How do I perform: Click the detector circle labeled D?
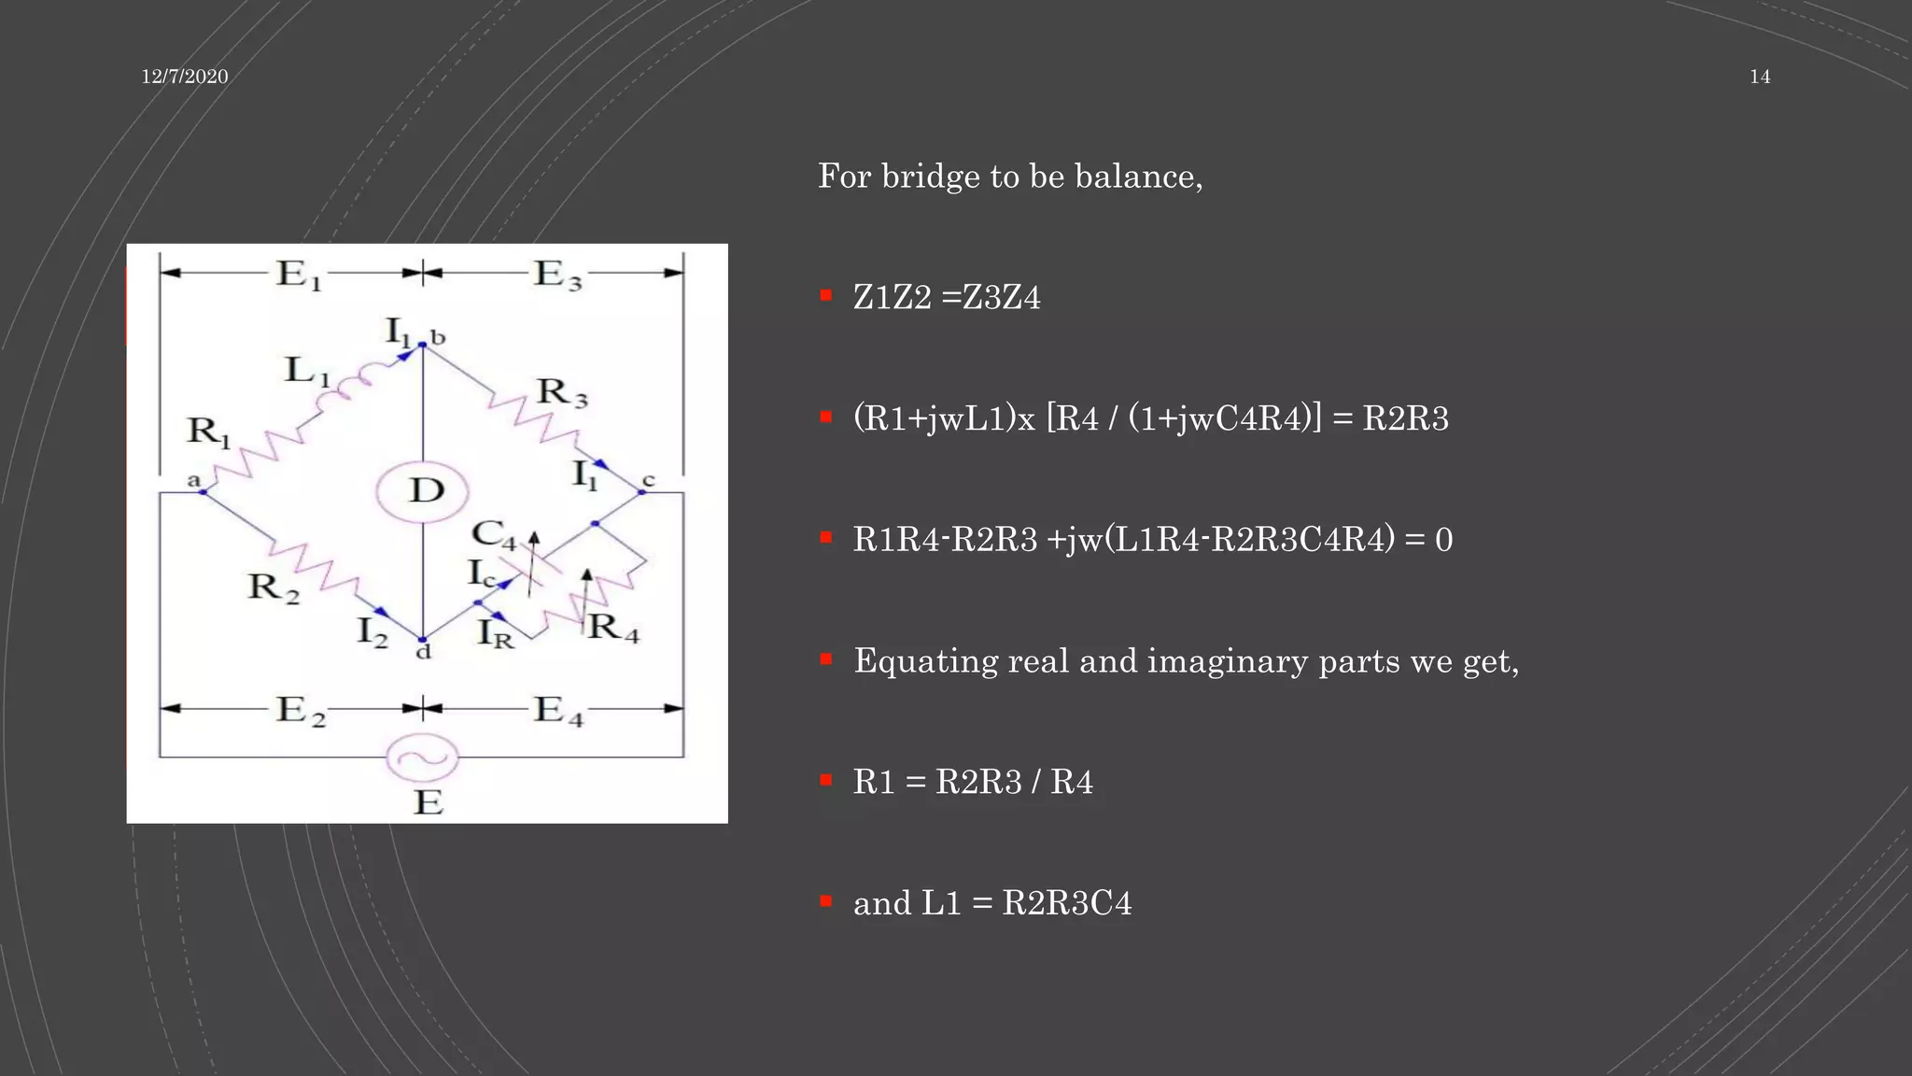423,490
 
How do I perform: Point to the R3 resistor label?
562,392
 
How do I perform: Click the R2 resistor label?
274,588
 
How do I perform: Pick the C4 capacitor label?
493,534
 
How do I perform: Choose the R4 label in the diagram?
613,627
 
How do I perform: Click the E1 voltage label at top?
299,275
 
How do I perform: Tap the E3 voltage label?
557,275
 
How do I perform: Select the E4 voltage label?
558,711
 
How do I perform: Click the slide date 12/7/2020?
185,77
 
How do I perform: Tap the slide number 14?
1760,77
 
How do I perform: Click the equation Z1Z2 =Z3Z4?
947,297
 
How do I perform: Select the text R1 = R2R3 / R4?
973,782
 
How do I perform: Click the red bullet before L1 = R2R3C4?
825,901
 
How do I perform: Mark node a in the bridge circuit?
202,491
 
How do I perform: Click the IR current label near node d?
495,634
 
